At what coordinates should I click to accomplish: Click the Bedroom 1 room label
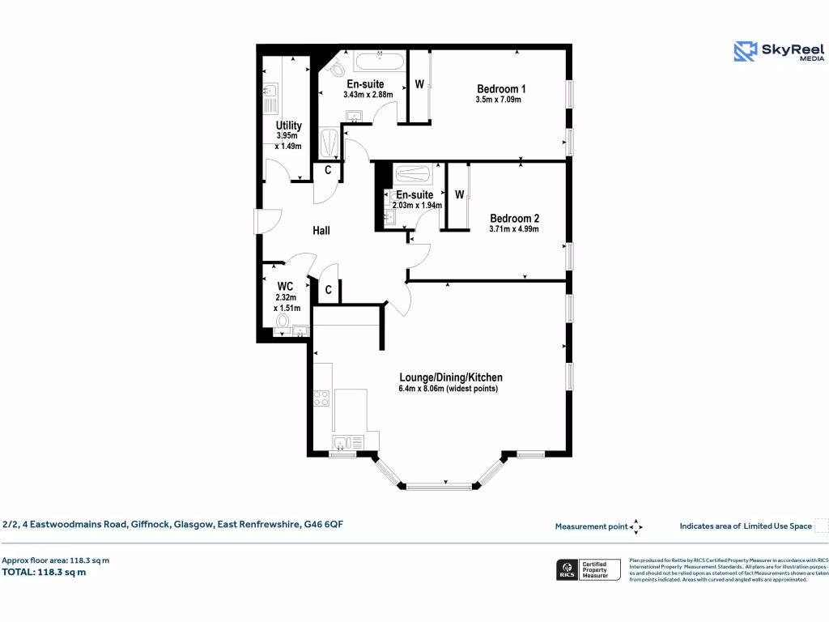(501, 88)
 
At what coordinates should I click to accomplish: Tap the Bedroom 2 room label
(514, 218)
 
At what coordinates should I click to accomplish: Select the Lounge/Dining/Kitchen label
(451, 377)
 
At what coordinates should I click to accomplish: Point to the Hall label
(321, 231)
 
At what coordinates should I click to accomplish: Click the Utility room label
(288, 126)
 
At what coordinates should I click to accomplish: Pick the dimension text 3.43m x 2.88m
(368, 95)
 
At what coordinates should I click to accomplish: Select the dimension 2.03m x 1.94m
(417, 206)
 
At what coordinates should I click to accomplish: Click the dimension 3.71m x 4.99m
(514, 229)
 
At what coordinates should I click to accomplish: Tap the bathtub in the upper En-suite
(379, 61)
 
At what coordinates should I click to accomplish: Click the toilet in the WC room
(282, 322)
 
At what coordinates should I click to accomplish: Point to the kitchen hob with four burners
(321, 398)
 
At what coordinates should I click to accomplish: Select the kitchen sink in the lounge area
(346, 442)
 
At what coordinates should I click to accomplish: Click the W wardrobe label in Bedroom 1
(419, 83)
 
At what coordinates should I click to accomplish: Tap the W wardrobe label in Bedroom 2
(459, 194)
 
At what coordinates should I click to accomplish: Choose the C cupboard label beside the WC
(329, 290)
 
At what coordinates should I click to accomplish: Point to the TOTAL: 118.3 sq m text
(44, 572)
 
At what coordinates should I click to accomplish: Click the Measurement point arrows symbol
(636, 526)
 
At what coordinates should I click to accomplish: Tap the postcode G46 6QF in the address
(323, 525)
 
